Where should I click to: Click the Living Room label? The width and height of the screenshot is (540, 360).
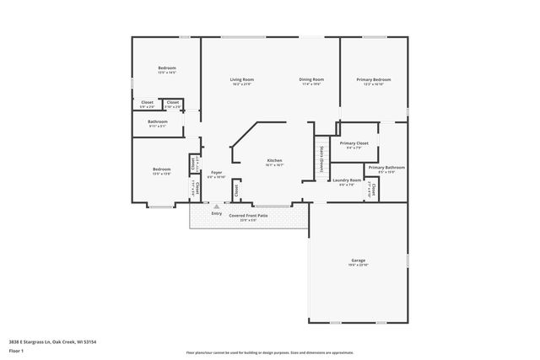pyautogui.click(x=242, y=80)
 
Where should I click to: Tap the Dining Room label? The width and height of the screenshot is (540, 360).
pyautogui.click(x=311, y=80)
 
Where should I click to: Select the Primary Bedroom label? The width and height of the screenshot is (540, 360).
pyautogui.click(x=373, y=80)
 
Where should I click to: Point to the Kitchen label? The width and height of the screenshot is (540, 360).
pyautogui.click(x=275, y=161)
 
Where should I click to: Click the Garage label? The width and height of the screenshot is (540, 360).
pyautogui.click(x=359, y=261)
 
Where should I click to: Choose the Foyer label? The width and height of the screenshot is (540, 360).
pyautogui.click(x=216, y=173)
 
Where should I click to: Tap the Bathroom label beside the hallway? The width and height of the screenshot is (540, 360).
pyautogui.click(x=158, y=122)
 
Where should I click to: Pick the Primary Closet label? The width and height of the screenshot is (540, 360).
pyautogui.click(x=354, y=144)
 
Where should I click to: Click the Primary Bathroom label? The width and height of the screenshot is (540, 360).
pyautogui.click(x=386, y=168)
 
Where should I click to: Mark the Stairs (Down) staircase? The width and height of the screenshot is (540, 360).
pyautogui.click(x=321, y=158)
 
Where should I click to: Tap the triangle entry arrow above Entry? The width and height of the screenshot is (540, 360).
pyautogui.click(x=217, y=205)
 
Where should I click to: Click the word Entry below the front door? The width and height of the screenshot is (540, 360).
pyautogui.click(x=217, y=213)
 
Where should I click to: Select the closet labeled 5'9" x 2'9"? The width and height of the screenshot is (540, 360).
pyautogui.click(x=147, y=104)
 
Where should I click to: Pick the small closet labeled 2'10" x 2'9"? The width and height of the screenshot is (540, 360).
pyautogui.click(x=172, y=104)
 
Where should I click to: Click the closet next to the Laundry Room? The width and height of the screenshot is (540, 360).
pyautogui.click(x=373, y=191)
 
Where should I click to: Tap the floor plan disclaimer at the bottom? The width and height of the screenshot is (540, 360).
pyautogui.click(x=270, y=352)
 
